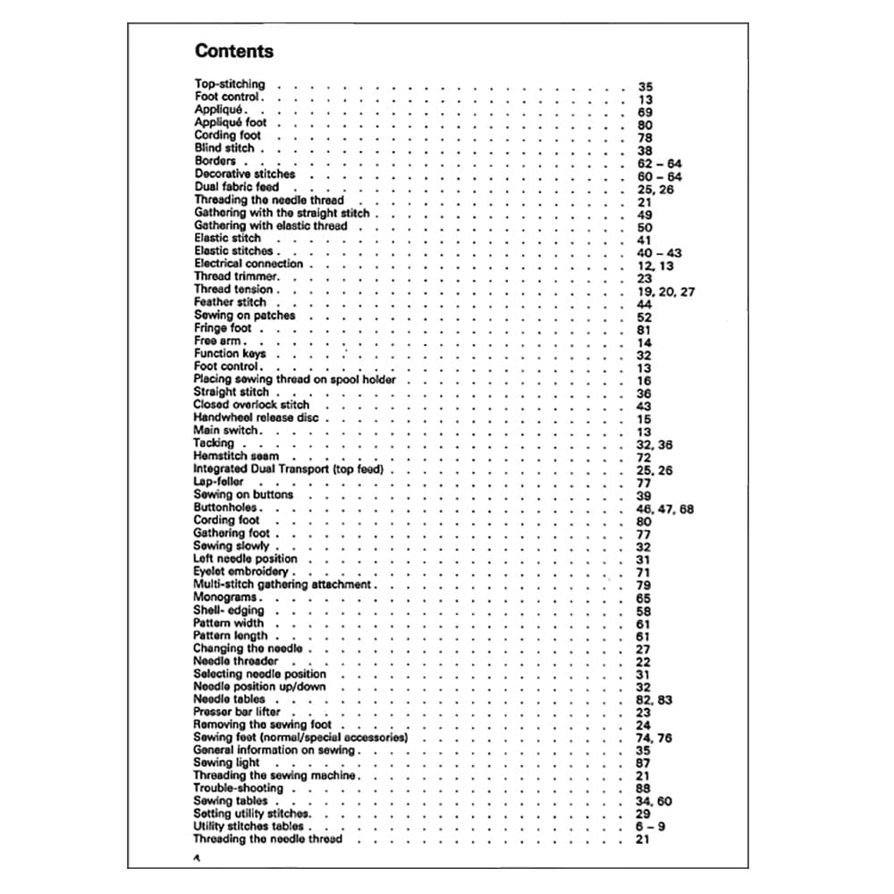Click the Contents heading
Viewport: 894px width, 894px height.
[234, 51]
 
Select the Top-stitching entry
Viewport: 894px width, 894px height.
[230, 84]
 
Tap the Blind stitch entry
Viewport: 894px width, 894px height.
[224, 148]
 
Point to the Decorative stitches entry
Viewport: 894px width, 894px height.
[244, 174]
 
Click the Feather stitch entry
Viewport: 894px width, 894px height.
[230, 302]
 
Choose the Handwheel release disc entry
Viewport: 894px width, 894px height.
[256, 417]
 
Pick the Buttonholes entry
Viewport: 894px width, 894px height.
[226, 507]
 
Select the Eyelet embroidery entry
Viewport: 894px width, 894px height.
[240, 571]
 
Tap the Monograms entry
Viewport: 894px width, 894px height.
[225, 597]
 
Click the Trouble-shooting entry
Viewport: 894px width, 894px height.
[238, 789]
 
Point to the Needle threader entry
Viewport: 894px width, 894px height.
[235, 661]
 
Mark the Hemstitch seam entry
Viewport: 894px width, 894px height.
[236, 456]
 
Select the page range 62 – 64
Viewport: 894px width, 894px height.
[659, 164]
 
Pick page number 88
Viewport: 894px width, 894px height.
[643, 789]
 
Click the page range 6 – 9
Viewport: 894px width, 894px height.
[650, 827]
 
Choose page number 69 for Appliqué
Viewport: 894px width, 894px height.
[645, 113]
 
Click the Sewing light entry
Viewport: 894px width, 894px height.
[226, 763]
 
